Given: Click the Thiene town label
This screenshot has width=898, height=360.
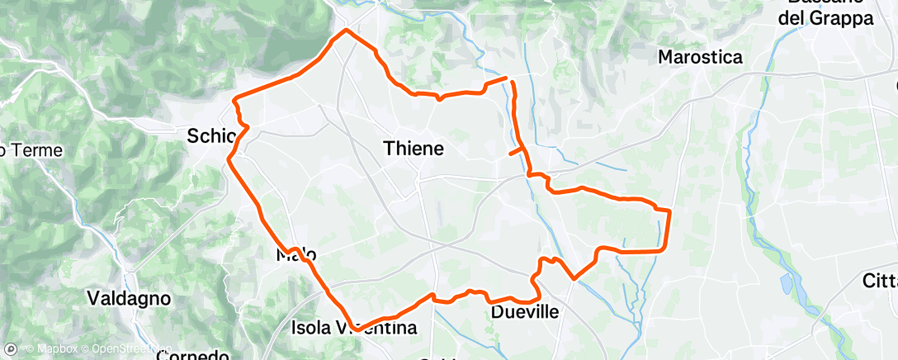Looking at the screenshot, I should coord(414,149).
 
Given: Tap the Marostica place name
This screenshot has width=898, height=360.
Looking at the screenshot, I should coord(700,58).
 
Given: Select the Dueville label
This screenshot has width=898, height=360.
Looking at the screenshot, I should coord(525,312).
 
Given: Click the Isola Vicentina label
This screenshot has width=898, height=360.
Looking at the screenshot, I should coord(355,328).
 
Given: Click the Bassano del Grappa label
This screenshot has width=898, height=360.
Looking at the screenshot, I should coord(825,12).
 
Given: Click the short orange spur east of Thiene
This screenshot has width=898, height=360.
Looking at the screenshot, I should coord(515,152).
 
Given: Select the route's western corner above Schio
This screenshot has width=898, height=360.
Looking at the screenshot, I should coord(235,100).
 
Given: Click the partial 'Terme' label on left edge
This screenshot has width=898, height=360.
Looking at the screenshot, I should coord(20,150).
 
